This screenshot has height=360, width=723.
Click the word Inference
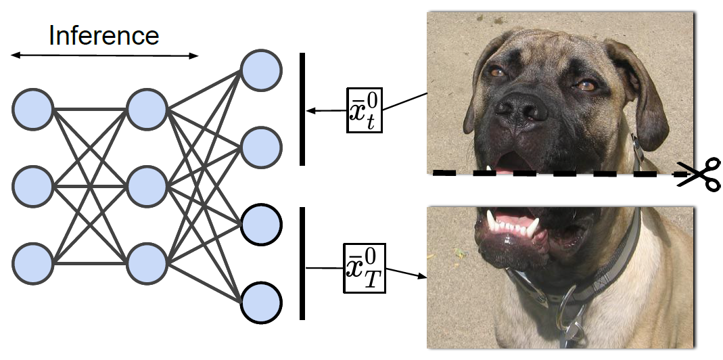click(x=103, y=35)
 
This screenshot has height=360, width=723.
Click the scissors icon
click(x=700, y=175)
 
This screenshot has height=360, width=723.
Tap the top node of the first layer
click(x=32, y=109)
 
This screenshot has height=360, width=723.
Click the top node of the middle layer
click(x=146, y=109)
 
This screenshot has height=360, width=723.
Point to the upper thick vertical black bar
click(x=302, y=109)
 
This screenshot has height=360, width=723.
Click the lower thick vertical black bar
click(x=302, y=263)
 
